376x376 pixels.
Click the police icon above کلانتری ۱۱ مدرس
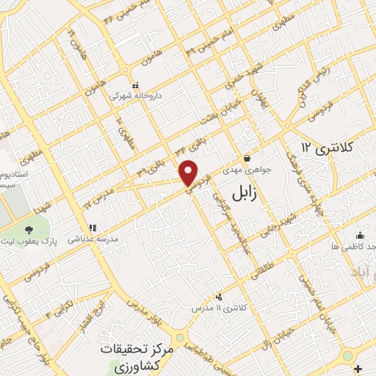(x=219, y=297)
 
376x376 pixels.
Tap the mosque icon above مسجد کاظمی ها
(x=359, y=235)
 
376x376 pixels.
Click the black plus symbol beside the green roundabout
(x=357, y=368)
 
